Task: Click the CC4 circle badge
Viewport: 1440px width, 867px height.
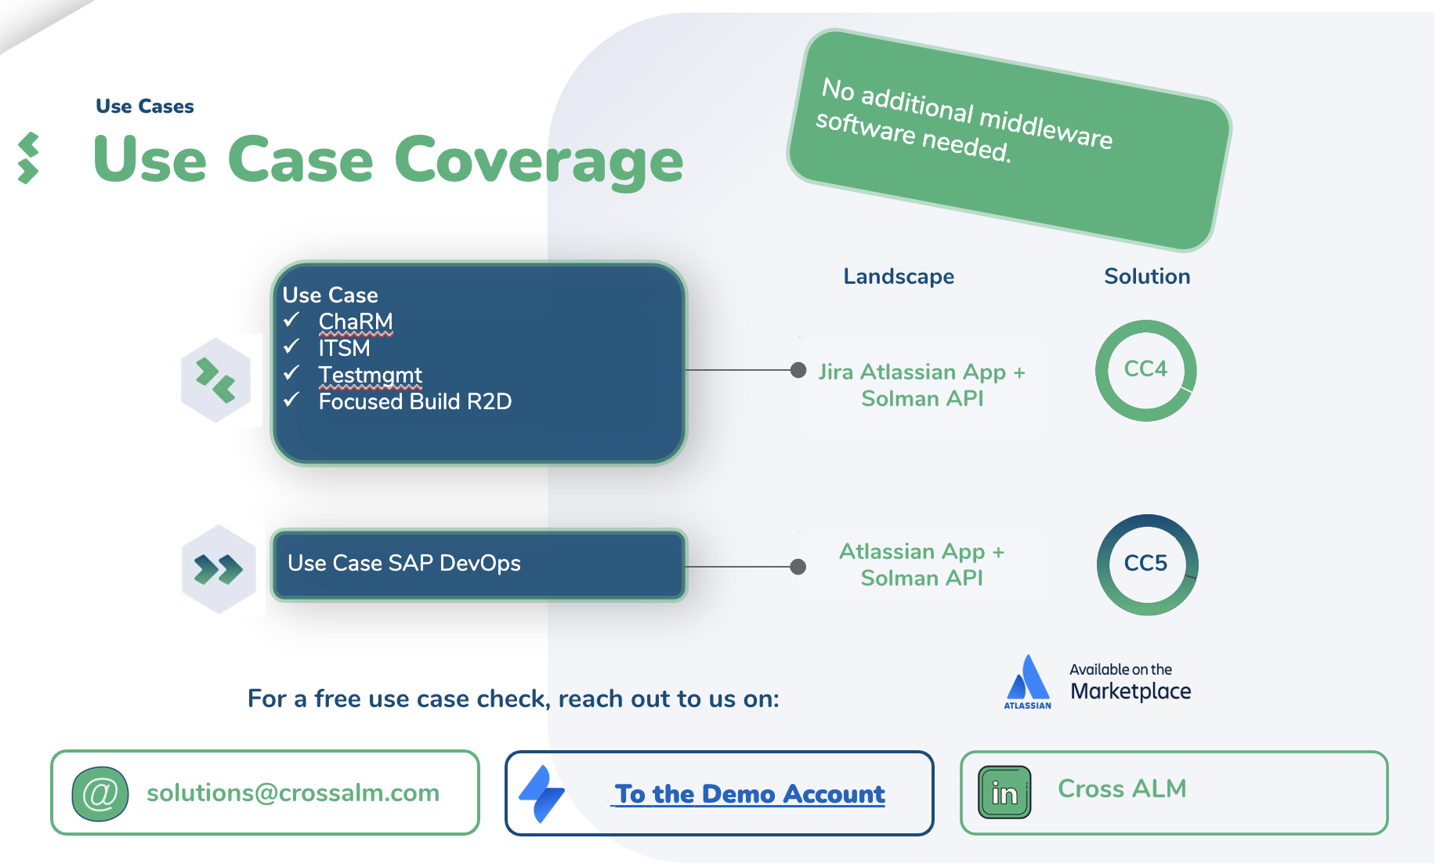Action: [1145, 370]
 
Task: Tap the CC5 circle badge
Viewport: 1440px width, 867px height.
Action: [1146, 564]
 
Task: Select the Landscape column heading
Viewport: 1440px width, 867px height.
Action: [899, 276]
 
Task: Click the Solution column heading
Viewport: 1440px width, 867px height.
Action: [1147, 276]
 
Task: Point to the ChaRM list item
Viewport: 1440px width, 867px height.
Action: [356, 321]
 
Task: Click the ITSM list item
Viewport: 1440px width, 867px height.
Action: [344, 348]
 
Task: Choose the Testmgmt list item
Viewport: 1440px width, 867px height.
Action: [370, 375]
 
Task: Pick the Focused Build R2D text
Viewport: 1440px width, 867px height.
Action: [414, 401]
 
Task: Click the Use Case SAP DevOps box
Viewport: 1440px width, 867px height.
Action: [479, 564]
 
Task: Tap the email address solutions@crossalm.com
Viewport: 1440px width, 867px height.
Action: [293, 793]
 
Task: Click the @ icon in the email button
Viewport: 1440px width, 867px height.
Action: [100, 794]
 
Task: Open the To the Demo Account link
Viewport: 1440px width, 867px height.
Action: [750, 794]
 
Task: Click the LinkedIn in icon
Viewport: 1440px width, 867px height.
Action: [1004, 793]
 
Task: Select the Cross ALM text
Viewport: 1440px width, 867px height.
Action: [1122, 789]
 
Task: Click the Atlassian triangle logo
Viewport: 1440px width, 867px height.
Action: [1028, 678]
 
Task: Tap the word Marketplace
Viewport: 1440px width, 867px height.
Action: [1131, 691]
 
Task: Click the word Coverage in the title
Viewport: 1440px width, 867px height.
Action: [539, 161]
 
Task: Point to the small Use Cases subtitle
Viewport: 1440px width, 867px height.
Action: [145, 107]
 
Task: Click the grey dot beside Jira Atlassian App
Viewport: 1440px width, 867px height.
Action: [798, 370]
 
